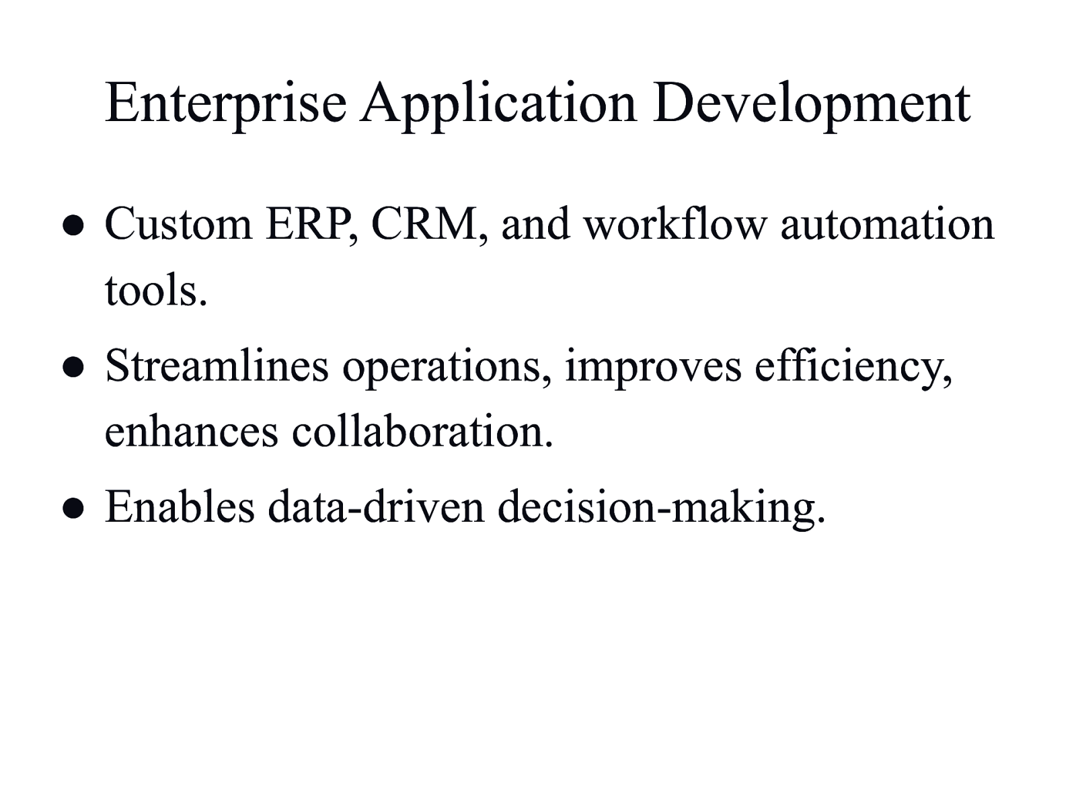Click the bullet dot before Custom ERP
point(73,225)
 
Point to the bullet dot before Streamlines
point(73,367)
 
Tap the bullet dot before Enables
point(73,508)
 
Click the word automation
point(887,224)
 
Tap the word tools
point(156,291)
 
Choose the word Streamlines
point(217,366)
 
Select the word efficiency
point(853,367)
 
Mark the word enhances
point(192,430)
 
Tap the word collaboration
point(422,430)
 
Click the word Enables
point(180,506)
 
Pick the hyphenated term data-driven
point(376,506)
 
